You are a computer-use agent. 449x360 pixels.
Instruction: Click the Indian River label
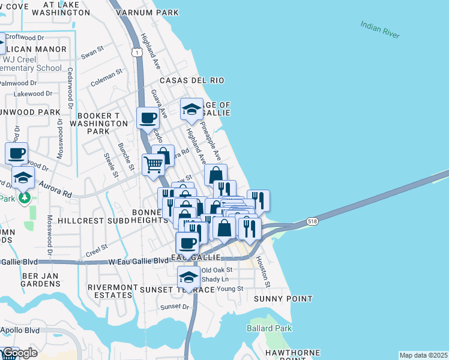click(x=380, y=30)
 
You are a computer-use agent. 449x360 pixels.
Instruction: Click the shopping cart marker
click(x=154, y=163)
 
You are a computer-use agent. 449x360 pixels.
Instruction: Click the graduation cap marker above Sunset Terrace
click(x=188, y=278)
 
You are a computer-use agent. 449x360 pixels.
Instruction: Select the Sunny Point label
click(x=283, y=299)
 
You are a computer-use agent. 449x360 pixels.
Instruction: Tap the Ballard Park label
click(x=270, y=328)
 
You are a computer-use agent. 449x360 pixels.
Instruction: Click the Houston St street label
click(x=264, y=271)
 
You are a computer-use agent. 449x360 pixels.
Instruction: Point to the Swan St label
click(x=93, y=53)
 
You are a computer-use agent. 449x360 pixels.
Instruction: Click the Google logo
click(x=19, y=353)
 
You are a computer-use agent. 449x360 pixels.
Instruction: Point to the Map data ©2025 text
click(x=423, y=355)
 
